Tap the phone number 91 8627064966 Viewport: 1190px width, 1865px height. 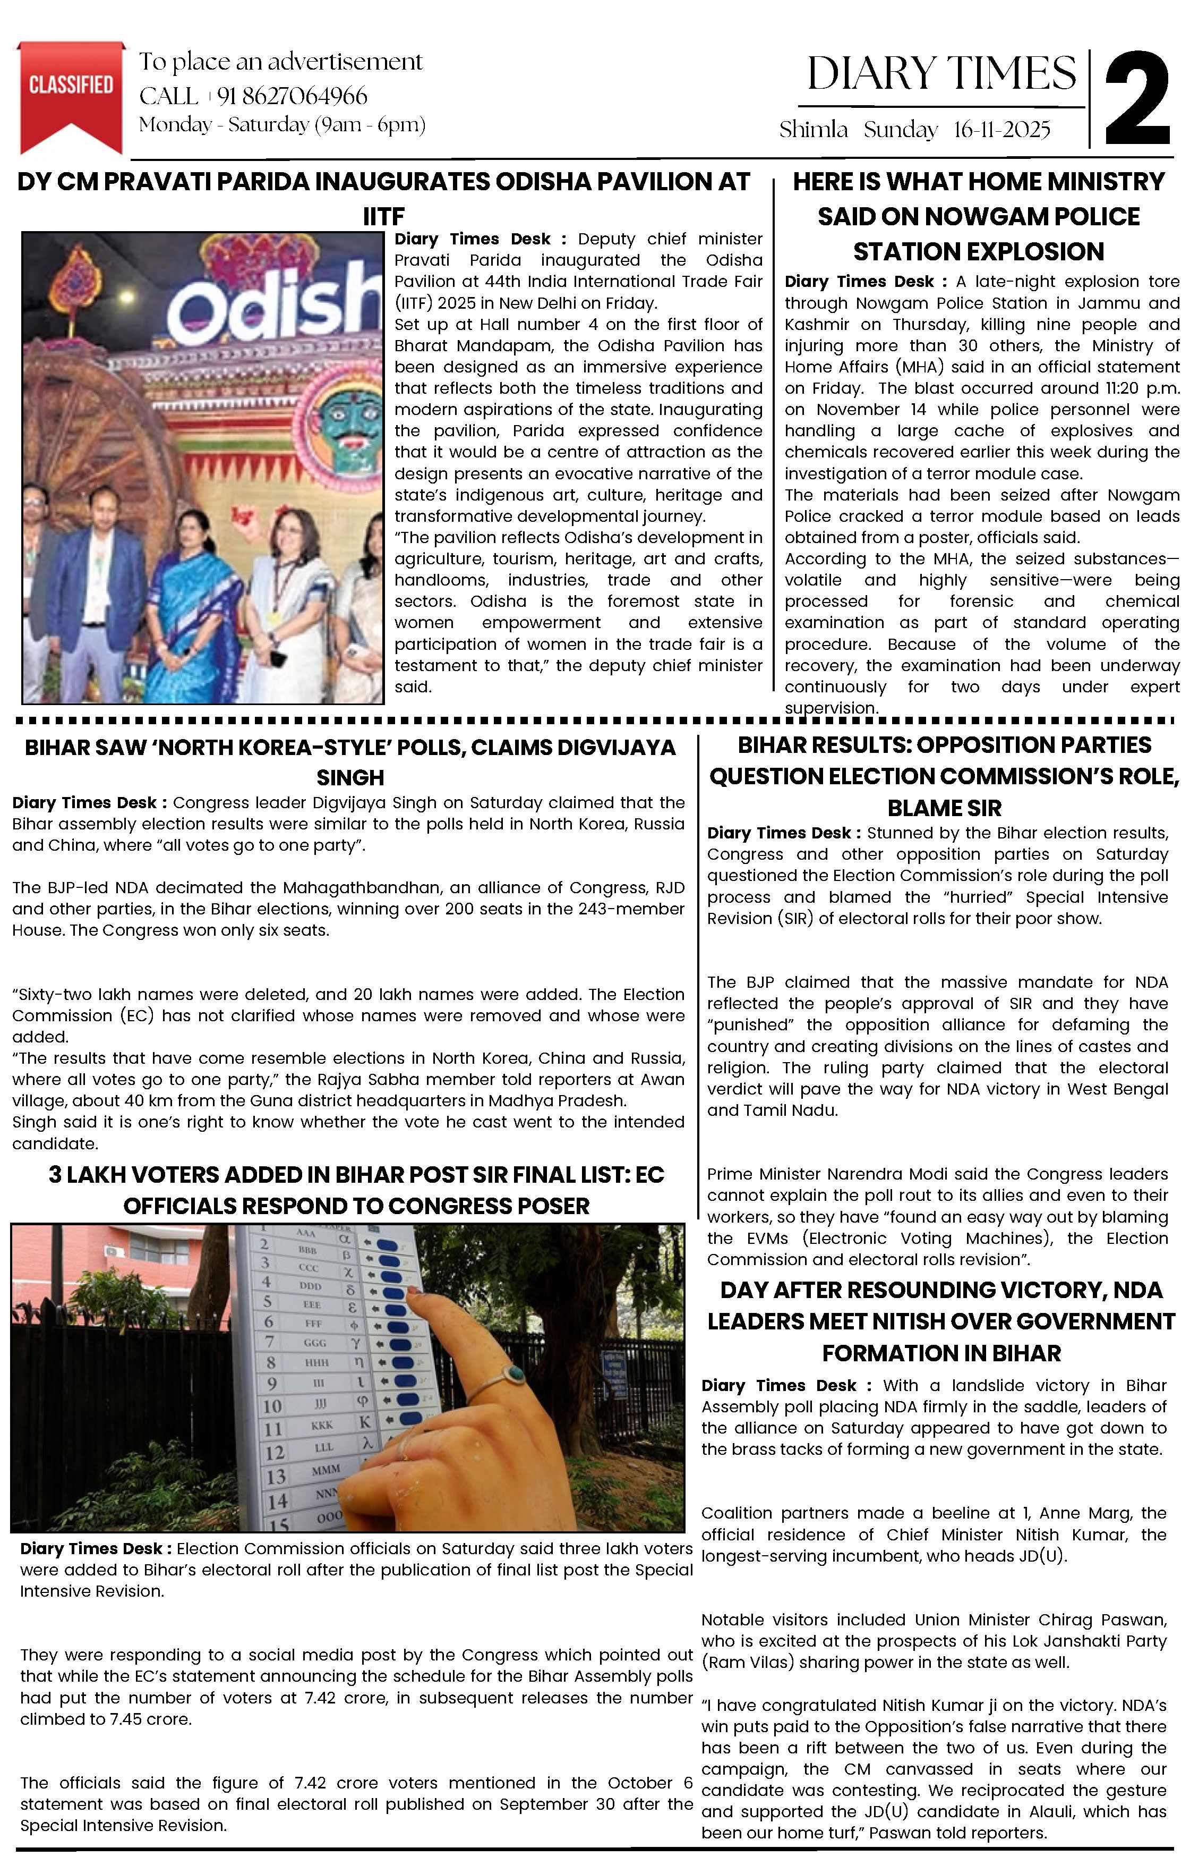click(x=292, y=96)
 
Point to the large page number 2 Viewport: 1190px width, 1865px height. click(x=1136, y=99)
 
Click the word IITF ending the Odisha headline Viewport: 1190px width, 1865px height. click(x=384, y=216)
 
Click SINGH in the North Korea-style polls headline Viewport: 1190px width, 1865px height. click(x=350, y=777)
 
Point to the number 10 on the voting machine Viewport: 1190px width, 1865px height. click(x=272, y=1406)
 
